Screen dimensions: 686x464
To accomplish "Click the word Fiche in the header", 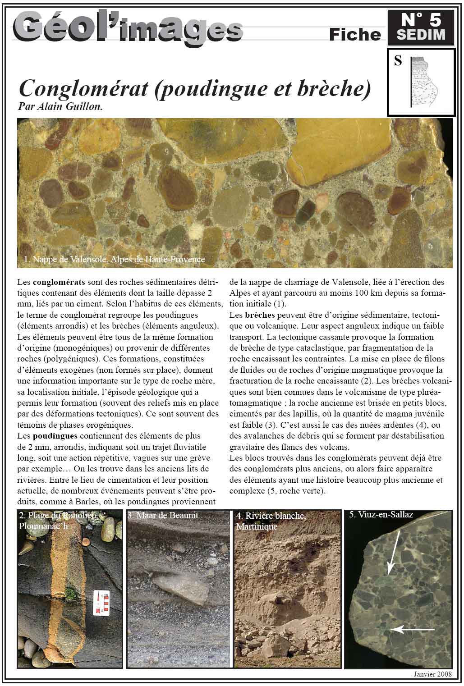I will tap(355, 35).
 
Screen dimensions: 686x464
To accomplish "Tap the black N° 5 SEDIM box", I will tap(420, 27).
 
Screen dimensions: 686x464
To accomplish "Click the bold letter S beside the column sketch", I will tap(398, 60).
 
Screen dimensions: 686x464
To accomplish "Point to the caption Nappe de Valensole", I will tap(115, 259).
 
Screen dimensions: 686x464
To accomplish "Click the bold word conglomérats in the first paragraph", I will tap(59, 283).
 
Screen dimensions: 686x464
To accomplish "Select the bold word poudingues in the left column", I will tap(55, 436).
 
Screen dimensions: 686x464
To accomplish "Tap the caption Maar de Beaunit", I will tap(163, 515).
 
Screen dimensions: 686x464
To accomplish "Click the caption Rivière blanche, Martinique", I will tap(271, 521).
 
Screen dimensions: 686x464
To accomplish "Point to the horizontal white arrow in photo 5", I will tap(413, 629).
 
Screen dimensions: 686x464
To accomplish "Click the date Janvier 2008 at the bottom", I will tap(432, 674).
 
